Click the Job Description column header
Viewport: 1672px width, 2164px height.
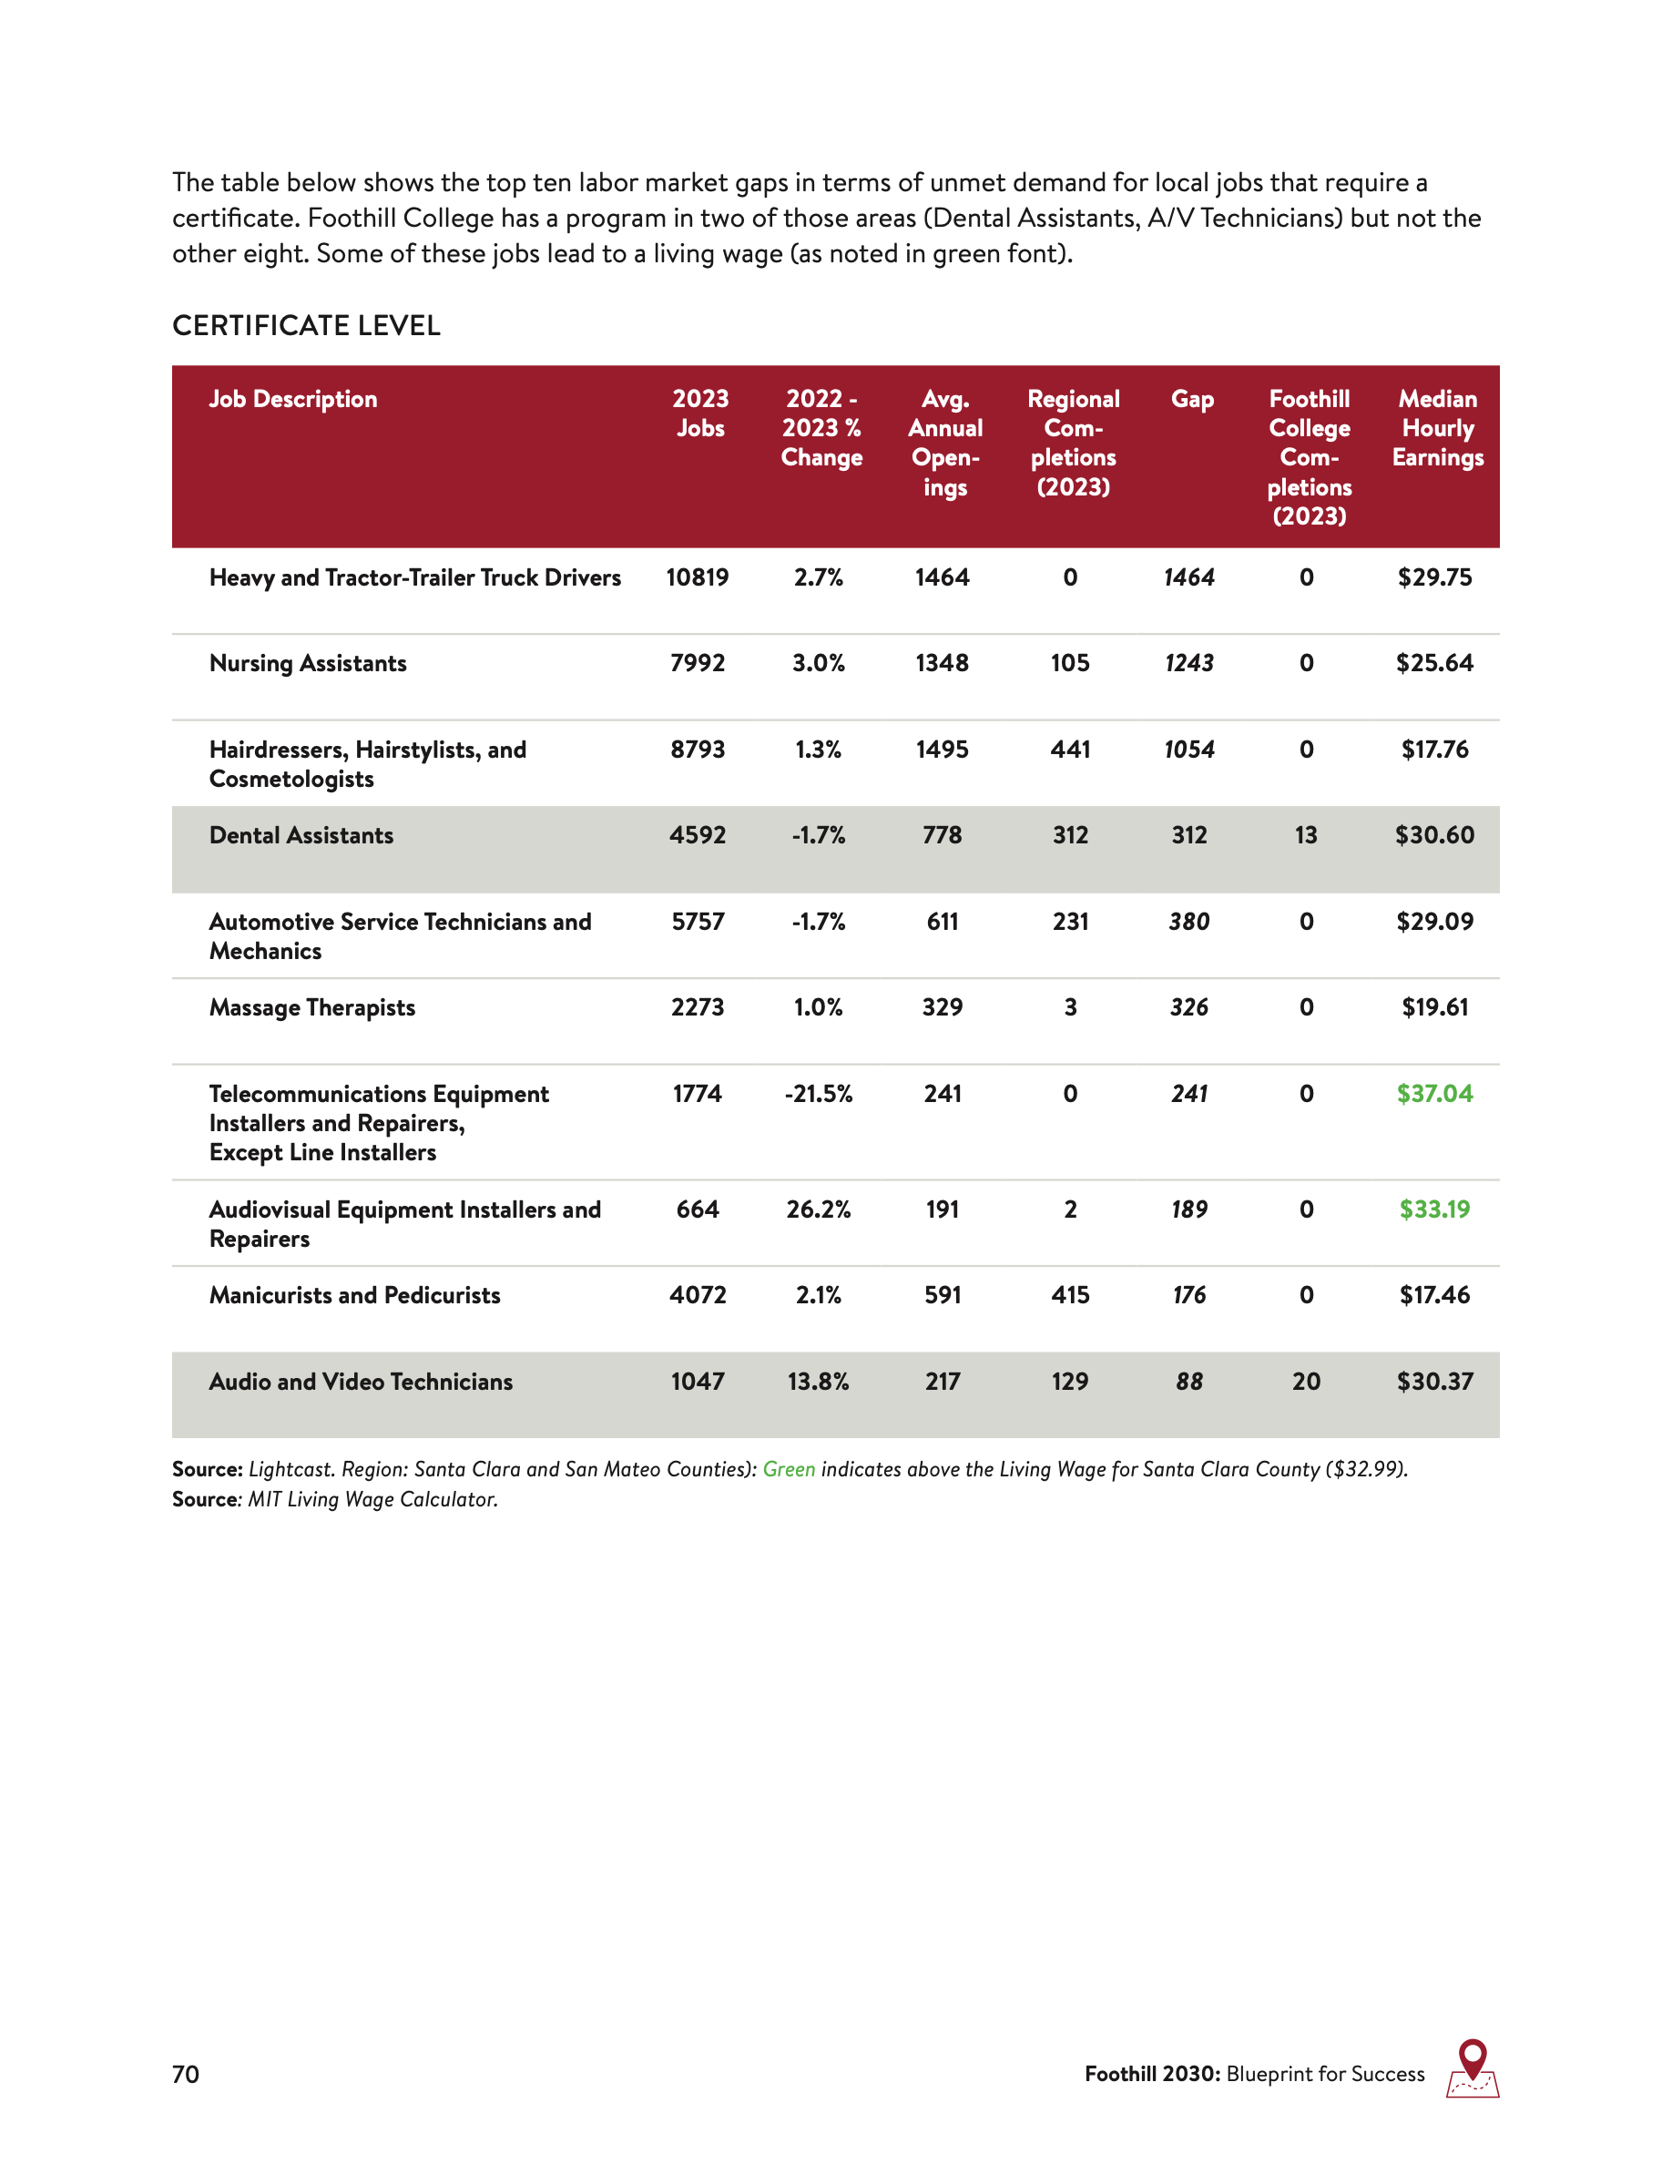coord(292,399)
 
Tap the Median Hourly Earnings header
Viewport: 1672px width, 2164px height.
coord(1437,428)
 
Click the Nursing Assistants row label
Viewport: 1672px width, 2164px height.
coord(308,664)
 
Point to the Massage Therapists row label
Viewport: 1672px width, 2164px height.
coord(312,1007)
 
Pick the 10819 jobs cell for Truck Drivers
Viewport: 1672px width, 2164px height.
coord(698,577)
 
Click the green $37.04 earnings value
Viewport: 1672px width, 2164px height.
coord(1434,1094)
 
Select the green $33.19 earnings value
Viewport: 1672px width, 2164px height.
coord(1434,1210)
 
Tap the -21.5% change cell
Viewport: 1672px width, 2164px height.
coord(818,1094)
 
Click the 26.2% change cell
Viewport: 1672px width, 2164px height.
coord(818,1210)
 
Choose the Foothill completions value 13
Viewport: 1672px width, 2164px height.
coord(1306,835)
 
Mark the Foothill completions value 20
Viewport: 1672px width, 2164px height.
coord(1306,1382)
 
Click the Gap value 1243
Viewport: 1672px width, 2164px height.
coord(1188,664)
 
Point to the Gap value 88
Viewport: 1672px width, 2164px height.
coord(1188,1382)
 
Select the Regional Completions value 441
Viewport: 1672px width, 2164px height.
coord(1070,750)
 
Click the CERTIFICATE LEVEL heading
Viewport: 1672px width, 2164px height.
coord(306,326)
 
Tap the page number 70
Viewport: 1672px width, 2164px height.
coord(185,2075)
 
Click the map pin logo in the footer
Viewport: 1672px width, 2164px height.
coord(1473,2069)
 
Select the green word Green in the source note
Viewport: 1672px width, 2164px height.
coord(789,1469)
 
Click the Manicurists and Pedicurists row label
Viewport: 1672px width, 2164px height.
coord(354,1296)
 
